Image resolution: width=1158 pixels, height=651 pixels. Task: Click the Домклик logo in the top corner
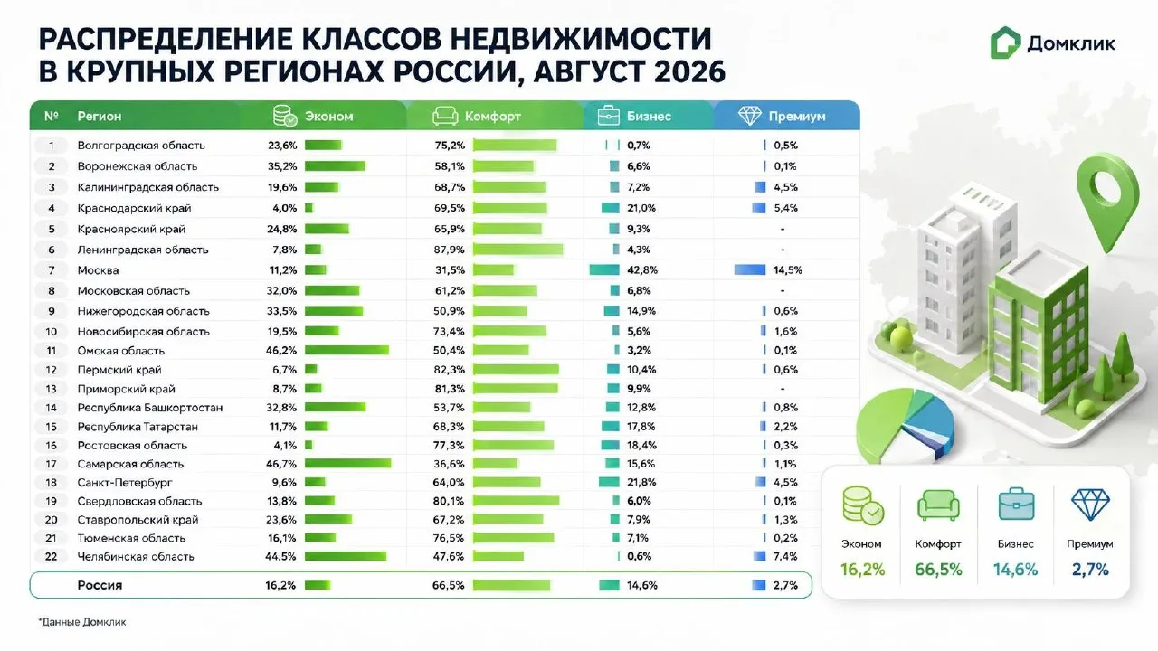[1052, 42]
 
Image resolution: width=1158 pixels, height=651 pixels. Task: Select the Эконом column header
[328, 117]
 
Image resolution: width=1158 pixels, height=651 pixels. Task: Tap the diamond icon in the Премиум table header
[750, 116]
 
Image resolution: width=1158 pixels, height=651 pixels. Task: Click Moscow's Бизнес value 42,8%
[642, 269]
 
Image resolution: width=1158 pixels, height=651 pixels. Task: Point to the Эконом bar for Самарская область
[348, 464]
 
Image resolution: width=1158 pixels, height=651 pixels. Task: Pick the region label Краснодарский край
[135, 208]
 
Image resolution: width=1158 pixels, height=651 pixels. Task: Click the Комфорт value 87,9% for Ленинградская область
[450, 250]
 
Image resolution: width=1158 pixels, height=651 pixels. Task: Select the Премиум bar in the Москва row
[750, 269]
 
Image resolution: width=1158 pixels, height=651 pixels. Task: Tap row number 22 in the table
[51, 556]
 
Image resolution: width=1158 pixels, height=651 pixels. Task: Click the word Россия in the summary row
[100, 585]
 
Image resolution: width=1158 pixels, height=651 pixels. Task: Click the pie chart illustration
[905, 425]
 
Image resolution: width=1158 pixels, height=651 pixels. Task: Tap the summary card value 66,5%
[938, 570]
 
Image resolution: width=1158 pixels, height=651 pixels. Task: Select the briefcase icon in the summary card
[1016, 504]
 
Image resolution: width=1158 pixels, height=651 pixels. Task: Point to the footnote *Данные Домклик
[82, 622]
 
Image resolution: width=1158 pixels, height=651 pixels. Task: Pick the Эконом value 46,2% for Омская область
[281, 350]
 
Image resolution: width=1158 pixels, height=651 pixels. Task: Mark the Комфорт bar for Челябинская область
[498, 556]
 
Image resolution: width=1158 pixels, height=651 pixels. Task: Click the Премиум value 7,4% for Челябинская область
[786, 556]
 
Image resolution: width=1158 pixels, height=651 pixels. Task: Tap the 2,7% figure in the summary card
[1090, 570]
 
